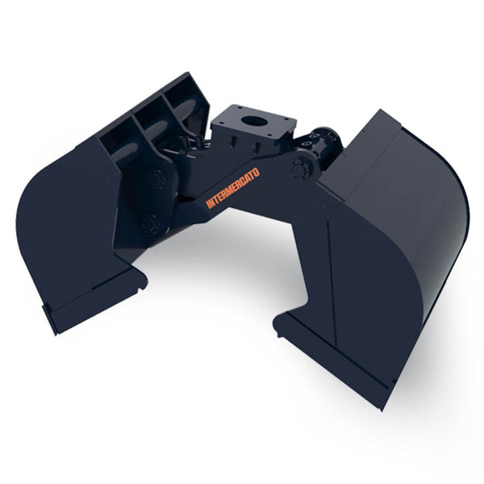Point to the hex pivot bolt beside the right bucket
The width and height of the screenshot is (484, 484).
tap(302, 168)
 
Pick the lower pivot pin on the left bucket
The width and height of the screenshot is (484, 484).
tap(150, 222)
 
